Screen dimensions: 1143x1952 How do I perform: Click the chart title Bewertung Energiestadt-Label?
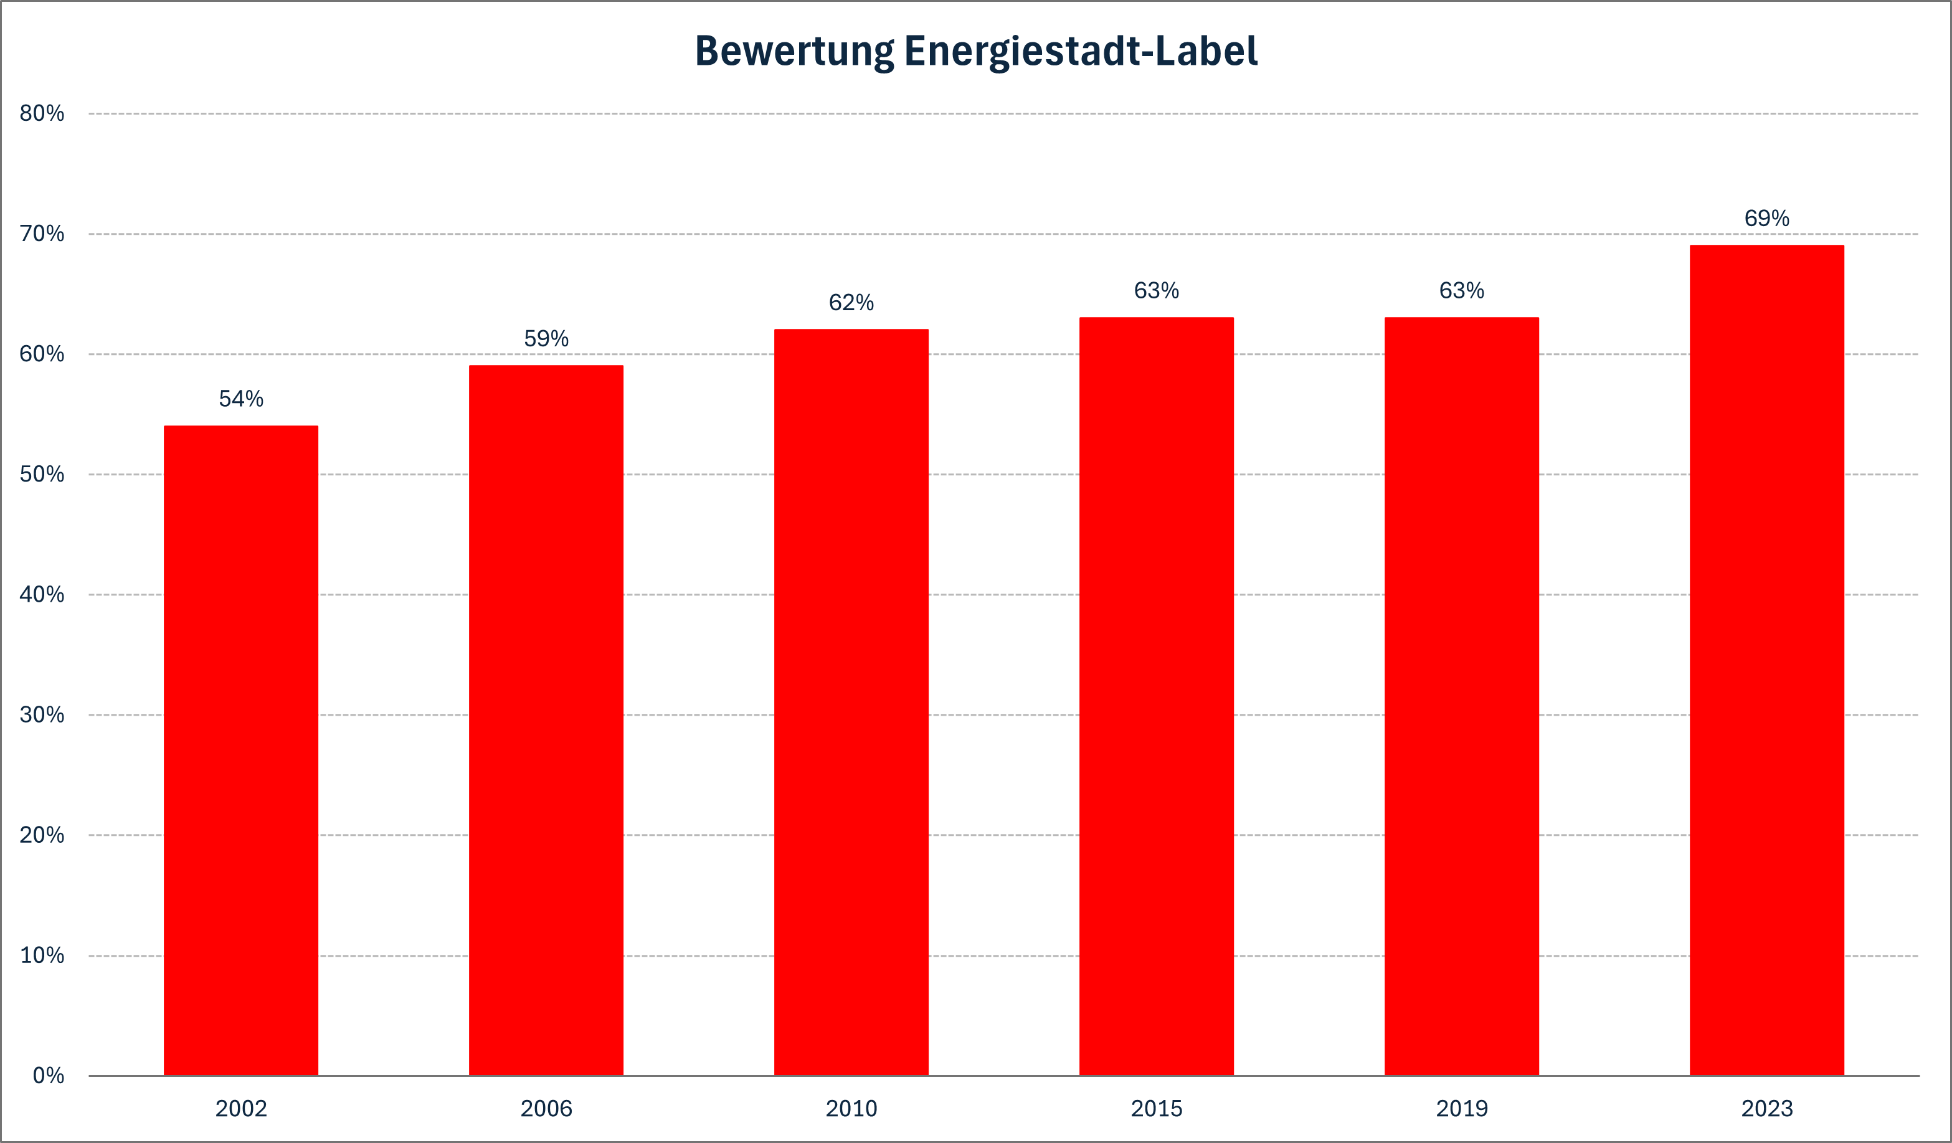point(976,51)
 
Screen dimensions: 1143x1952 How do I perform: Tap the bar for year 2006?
point(546,721)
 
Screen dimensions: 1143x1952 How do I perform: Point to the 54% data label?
point(241,399)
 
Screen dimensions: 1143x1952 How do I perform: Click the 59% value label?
point(546,339)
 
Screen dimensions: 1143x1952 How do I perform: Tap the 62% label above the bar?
point(851,303)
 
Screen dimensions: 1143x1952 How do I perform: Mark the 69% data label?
point(1767,219)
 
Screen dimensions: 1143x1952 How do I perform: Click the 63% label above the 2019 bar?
point(1462,291)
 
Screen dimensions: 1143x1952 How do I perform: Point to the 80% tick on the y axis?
point(42,114)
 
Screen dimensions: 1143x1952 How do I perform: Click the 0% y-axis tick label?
point(48,1076)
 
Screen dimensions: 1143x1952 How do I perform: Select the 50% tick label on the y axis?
point(42,474)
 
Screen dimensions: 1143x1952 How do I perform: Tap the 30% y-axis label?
point(42,714)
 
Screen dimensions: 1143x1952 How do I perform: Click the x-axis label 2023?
point(1767,1109)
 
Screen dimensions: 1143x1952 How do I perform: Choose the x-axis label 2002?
point(241,1109)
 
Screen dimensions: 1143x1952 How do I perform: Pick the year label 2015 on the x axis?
point(1157,1109)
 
